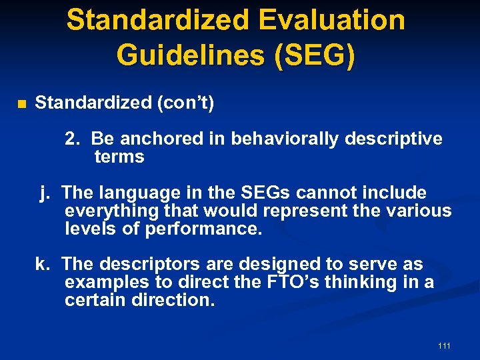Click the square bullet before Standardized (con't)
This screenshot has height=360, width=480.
(x=21, y=104)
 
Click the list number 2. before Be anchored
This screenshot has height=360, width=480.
(x=73, y=139)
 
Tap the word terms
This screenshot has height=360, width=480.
(x=119, y=157)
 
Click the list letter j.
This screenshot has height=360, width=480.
(x=45, y=193)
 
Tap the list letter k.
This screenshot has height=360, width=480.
(x=43, y=265)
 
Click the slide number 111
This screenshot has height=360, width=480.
(x=444, y=345)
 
